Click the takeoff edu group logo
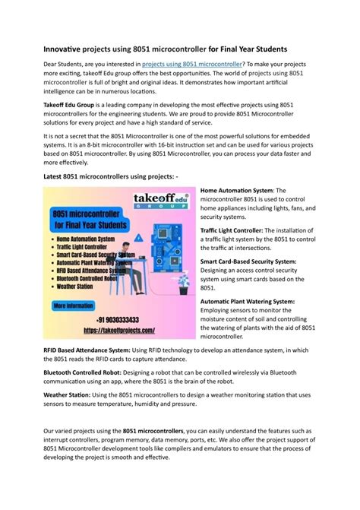pos(159,201)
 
